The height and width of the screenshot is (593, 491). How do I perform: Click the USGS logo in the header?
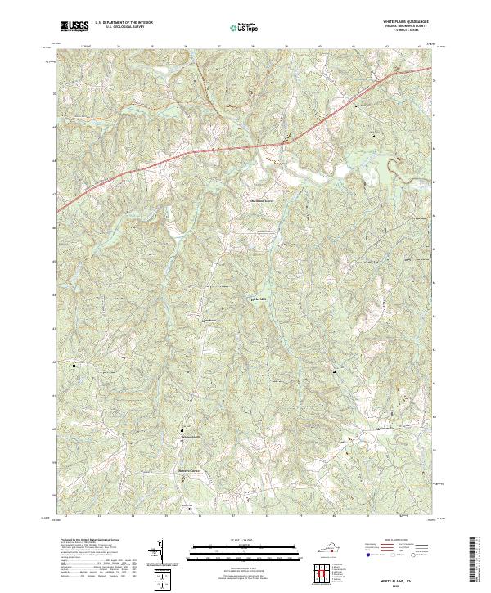[74, 26]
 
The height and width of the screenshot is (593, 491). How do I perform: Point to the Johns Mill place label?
[259, 299]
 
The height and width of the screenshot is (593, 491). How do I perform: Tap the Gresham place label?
[209, 320]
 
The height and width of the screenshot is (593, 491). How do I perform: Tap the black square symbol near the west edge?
[74, 366]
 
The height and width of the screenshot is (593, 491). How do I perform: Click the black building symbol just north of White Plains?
[182, 429]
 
